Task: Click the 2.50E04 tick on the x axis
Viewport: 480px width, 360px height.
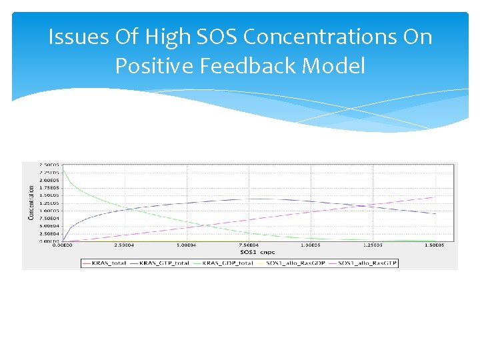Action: tap(125, 245)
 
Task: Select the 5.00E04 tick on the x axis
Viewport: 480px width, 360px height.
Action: tap(187, 245)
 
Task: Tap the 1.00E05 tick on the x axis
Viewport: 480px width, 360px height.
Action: tap(311, 245)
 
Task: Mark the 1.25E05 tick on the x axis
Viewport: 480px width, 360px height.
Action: tap(373, 245)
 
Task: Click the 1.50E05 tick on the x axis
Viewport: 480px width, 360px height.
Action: tap(435, 245)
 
